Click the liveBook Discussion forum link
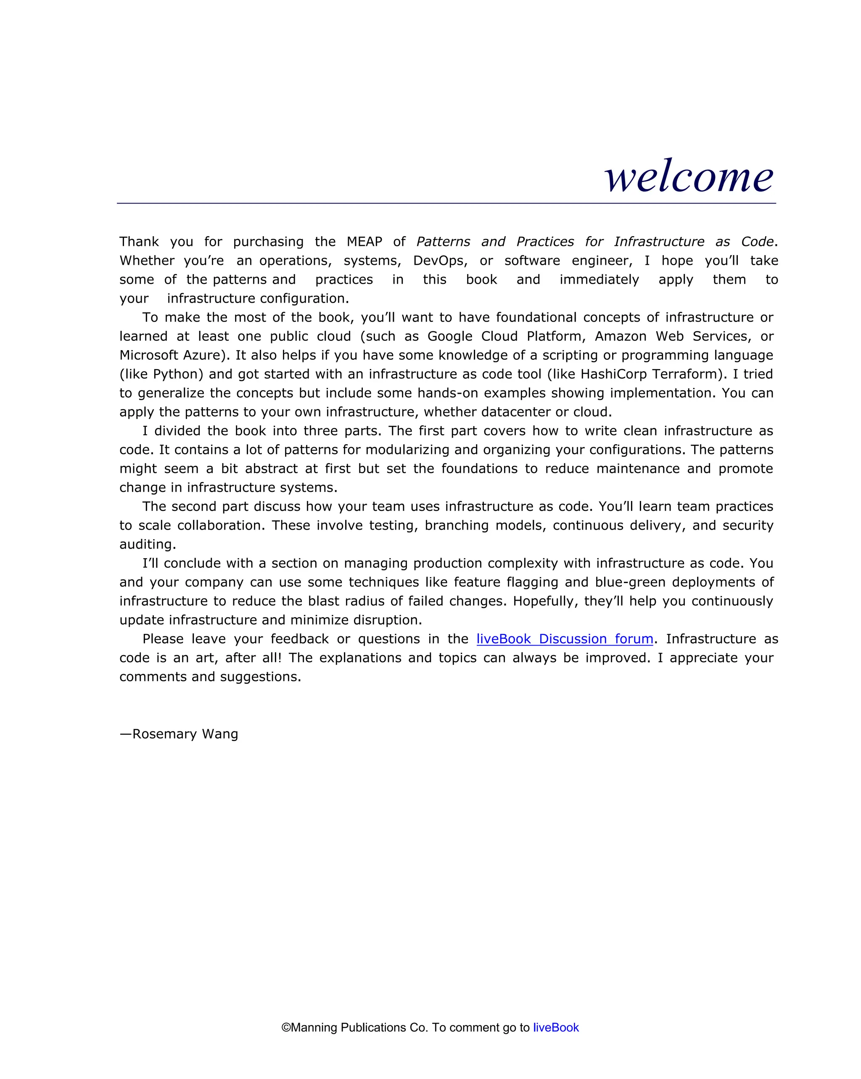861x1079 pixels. [564, 639]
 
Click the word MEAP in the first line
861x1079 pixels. [364, 242]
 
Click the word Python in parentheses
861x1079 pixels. [175, 375]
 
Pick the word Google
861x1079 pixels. [449, 336]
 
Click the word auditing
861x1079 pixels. [147, 544]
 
